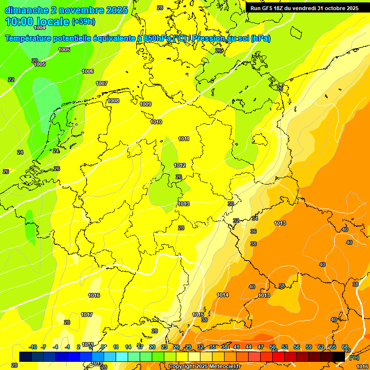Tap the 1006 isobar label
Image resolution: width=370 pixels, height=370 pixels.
point(88,71)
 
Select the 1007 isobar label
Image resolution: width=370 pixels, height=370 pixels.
point(102,83)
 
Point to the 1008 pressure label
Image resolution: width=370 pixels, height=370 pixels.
point(113,101)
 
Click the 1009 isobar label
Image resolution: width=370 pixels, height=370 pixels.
point(145,104)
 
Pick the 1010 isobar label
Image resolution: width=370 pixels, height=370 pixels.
point(156,122)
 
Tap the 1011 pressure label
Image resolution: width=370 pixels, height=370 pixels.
point(184,139)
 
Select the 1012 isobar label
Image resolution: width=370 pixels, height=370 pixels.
point(180,165)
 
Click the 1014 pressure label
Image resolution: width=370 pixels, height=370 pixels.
point(223,295)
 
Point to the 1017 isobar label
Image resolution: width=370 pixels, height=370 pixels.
point(87,315)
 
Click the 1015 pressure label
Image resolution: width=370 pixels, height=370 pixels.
point(198,315)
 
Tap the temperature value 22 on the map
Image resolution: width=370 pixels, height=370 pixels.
point(11,79)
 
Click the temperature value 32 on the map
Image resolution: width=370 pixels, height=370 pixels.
point(236,221)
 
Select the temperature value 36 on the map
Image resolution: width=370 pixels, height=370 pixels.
point(253,231)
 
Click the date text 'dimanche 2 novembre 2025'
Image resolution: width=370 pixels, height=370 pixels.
point(66,10)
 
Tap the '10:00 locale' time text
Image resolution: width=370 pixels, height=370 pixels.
point(38,22)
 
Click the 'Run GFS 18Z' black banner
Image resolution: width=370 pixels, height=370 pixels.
point(304,8)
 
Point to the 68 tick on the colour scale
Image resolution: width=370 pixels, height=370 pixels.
point(345,347)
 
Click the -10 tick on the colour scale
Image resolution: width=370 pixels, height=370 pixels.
point(33,347)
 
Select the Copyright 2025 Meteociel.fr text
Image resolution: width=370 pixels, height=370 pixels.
point(204,366)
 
